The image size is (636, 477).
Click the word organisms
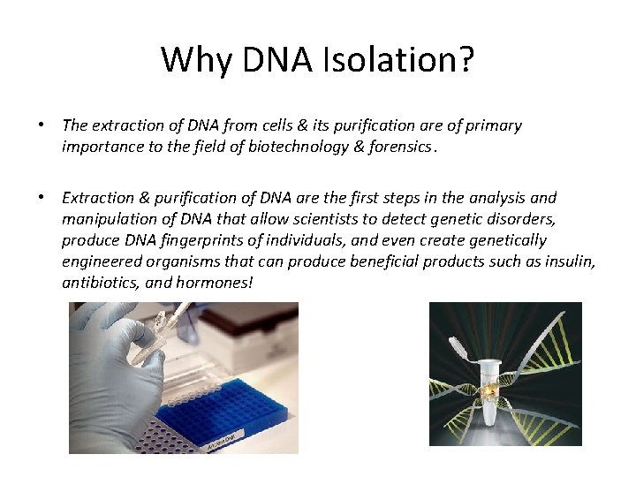tap(165, 261)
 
